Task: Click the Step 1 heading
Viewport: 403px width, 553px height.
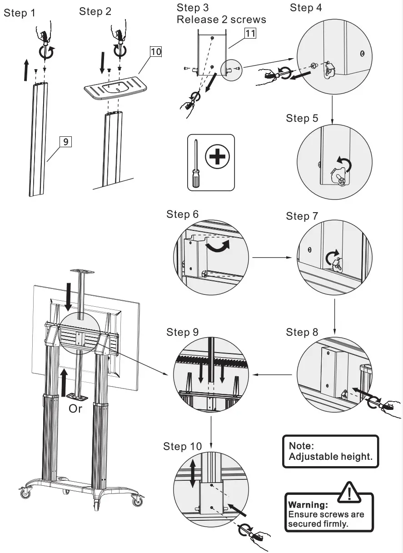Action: (x=20, y=12)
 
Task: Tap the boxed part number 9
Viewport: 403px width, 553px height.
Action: (x=65, y=142)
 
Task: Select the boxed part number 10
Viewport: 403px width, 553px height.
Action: (x=155, y=51)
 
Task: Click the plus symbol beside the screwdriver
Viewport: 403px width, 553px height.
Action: (x=218, y=158)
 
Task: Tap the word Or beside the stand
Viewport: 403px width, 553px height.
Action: (x=75, y=409)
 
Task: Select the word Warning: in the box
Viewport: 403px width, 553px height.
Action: (x=308, y=505)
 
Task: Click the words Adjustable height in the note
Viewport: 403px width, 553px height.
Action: (x=330, y=457)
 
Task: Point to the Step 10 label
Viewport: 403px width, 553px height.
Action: (x=182, y=447)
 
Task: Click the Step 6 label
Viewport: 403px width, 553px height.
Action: (x=182, y=214)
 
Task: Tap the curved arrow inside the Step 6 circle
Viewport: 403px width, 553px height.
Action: (x=218, y=246)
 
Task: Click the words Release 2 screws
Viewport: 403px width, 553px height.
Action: (x=221, y=20)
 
